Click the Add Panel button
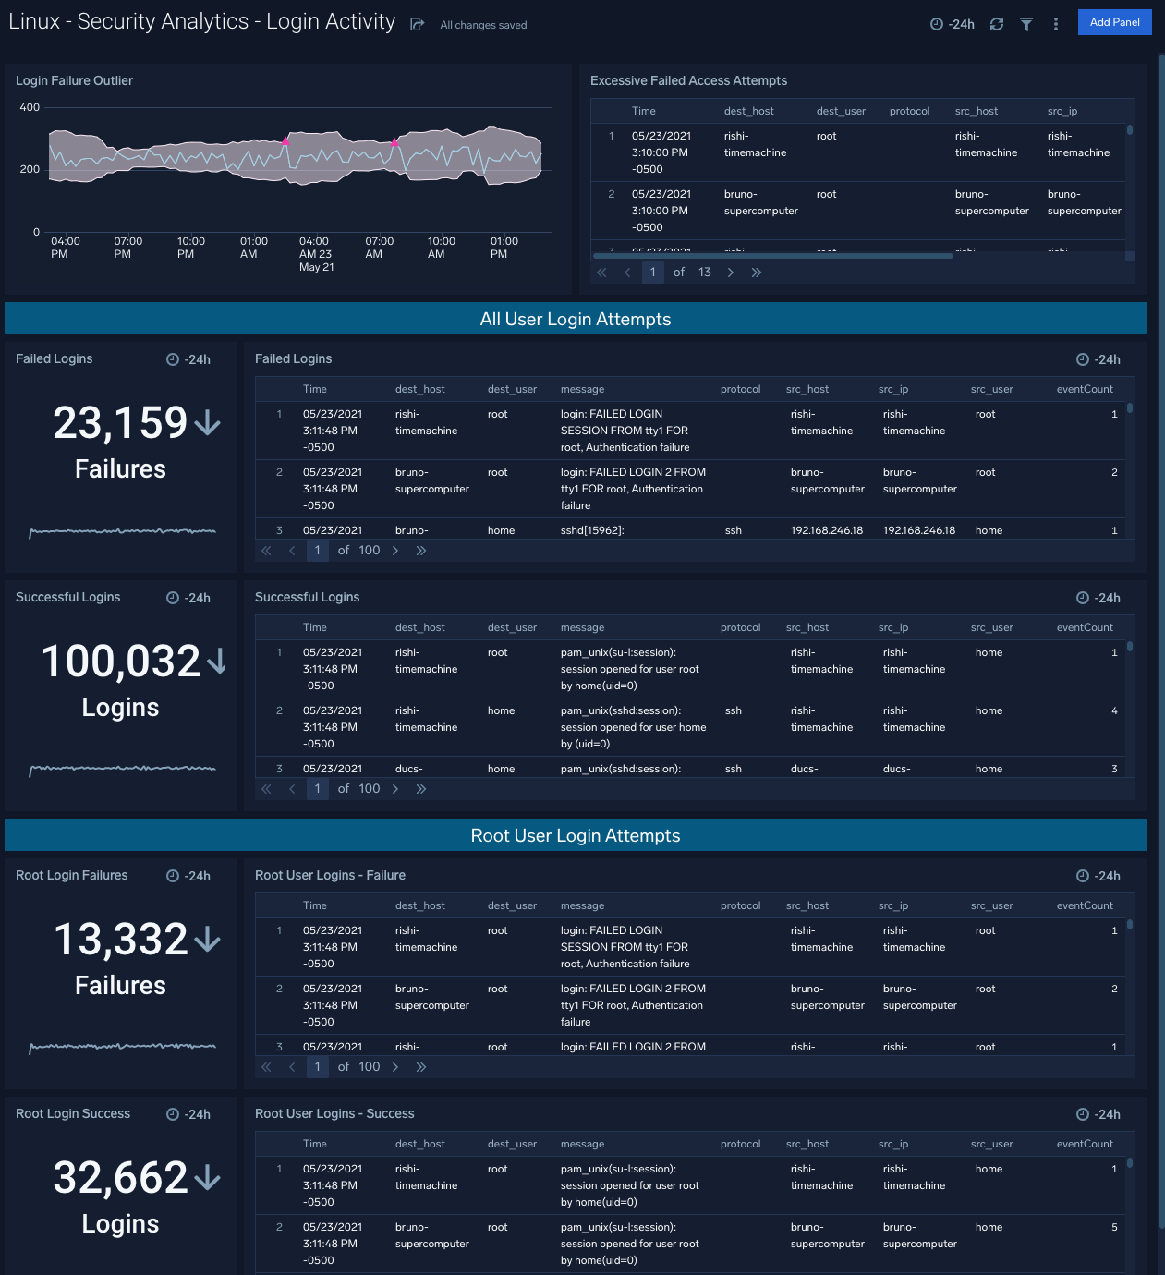pos(1114,22)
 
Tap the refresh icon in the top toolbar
pos(996,24)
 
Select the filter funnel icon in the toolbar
pos(1025,24)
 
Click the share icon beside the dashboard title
pos(417,25)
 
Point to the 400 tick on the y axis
pos(30,107)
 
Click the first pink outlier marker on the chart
pos(285,141)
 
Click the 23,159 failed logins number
pos(120,423)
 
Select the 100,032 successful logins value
pos(120,662)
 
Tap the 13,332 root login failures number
pos(120,940)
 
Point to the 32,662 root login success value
pos(120,1178)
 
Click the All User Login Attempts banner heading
pos(575,320)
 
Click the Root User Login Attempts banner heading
pos(575,836)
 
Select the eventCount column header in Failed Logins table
pos(1084,390)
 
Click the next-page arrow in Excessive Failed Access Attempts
pos(730,273)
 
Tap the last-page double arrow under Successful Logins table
pos(420,789)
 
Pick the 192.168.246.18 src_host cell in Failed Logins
pos(826,531)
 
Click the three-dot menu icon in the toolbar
pos(1055,24)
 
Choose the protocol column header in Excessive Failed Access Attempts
pos(909,112)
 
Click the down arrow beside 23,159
pos(207,423)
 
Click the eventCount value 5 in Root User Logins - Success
pos(1113,1228)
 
